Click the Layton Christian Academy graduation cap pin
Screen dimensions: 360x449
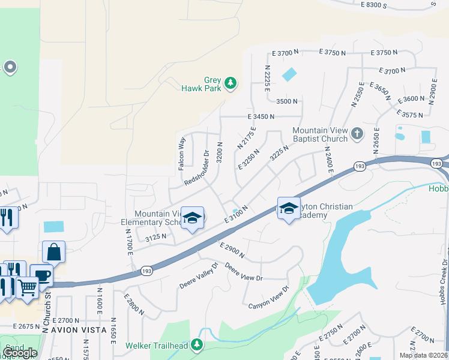[x=289, y=209]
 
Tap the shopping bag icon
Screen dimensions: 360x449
[x=53, y=253]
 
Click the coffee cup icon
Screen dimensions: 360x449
[x=41, y=275]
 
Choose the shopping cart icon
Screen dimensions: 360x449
[x=26, y=288]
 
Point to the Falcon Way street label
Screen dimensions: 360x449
[x=182, y=154]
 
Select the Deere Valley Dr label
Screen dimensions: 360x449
[x=197, y=276]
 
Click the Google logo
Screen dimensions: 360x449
[x=19, y=352]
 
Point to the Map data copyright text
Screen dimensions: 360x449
[x=423, y=355]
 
